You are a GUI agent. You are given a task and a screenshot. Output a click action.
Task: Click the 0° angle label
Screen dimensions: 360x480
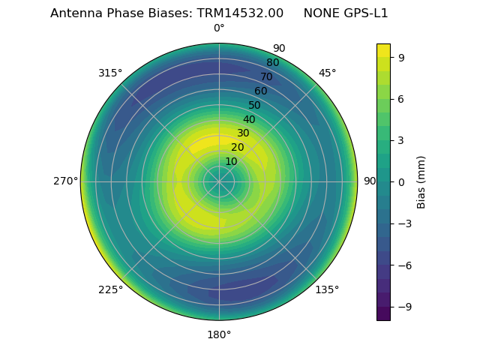tap(219, 28)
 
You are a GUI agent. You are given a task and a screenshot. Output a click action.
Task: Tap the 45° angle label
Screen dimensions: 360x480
tap(327, 73)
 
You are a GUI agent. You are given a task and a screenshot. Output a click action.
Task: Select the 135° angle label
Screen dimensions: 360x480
tap(327, 289)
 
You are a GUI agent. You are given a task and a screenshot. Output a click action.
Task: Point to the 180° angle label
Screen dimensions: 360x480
tap(219, 334)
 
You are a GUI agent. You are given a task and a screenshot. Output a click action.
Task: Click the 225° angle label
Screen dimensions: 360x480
tap(110, 289)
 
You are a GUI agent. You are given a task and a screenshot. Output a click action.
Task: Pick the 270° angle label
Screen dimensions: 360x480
tap(65, 181)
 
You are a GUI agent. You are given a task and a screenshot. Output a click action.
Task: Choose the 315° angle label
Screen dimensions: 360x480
tap(110, 73)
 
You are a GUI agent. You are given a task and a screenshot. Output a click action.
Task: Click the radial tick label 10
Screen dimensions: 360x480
tap(231, 161)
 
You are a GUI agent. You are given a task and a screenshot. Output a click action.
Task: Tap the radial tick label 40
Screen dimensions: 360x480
tap(249, 119)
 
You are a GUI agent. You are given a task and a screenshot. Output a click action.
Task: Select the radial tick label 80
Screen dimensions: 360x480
tap(272, 63)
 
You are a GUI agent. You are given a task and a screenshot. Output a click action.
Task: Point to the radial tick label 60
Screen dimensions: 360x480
tap(260, 91)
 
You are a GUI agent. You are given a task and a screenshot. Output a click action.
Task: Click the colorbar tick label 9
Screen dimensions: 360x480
tap(402, 57)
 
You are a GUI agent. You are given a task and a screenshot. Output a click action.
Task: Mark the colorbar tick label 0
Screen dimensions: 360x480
tap(402, 181)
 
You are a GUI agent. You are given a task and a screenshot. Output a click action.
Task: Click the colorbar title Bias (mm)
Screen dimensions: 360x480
tap(421, 181)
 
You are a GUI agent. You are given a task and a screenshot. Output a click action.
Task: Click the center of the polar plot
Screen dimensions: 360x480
tap(219, 181)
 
